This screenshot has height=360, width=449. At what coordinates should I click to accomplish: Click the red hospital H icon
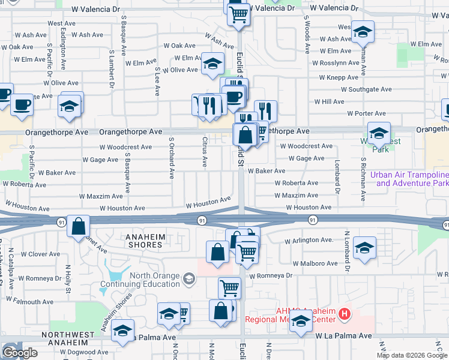[344, 313]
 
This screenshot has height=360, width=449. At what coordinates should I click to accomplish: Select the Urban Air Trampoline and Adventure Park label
[409, 179]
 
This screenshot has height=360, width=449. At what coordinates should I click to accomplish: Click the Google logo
[20, 353]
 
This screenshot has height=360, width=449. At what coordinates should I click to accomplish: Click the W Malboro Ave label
[315, 263]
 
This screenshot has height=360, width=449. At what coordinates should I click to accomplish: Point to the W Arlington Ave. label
[309, 240]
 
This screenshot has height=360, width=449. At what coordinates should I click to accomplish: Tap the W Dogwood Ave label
[83, 352]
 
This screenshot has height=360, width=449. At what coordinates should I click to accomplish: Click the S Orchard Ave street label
[171, 158]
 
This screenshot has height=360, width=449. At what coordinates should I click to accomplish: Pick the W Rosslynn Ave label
[336, 62]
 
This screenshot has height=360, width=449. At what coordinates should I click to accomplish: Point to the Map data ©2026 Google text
[411, 355]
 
